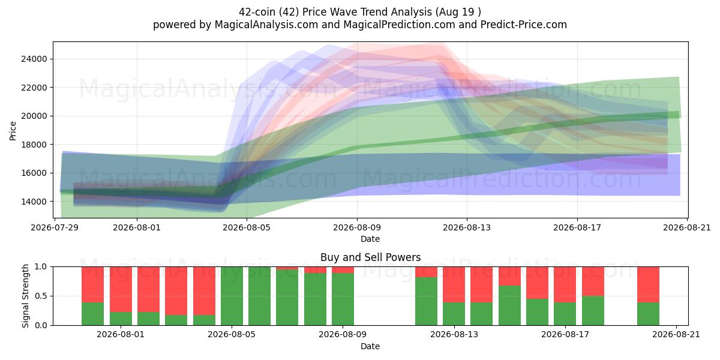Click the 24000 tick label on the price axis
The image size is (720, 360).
pyautogui.click(x=34, y=59)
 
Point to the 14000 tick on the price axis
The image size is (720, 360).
pyautogui.click(x=34, y=202)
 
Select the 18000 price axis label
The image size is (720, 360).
pyautogui.click(x=34, y=145)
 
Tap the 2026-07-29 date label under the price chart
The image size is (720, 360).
pyautogui.click(x=55, y=228)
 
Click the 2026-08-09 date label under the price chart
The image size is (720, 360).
pyautogui.click(x=357, y=228)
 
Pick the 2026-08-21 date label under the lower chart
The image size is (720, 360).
pyautogui.click(x=676, y=335)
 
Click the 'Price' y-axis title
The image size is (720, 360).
pyautogui.click(x=13, y=131)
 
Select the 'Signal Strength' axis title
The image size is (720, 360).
pyautogui.click(x=25, y=296)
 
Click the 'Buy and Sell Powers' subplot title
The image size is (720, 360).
pyautogui.click(x=370, y=257)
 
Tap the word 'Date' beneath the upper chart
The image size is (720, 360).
pyautogui.click(x=370, y=239)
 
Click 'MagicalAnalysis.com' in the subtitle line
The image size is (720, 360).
pyautogui.click(x=266, y=25)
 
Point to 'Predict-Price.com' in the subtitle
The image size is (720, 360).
pyautogui.click(x=524, y=25)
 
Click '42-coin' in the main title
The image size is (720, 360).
pyautogui.click(x=257, y=12)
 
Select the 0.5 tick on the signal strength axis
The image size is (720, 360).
pyautogui.click(x=41, y=296)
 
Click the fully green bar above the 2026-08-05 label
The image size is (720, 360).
pyautogui.click(x=232, y=296)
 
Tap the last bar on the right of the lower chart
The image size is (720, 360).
pyautogui.click(x=649, y=296)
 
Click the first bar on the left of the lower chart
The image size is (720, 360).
pyautogui.click(x=92, y=296)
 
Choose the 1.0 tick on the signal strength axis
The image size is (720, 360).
pyautogui.click(x=41, y=267)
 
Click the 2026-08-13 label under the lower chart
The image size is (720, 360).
pyautogui.click(x=454, y=335)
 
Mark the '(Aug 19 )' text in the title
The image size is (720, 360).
pyautogui.click(x=458, y=12)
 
